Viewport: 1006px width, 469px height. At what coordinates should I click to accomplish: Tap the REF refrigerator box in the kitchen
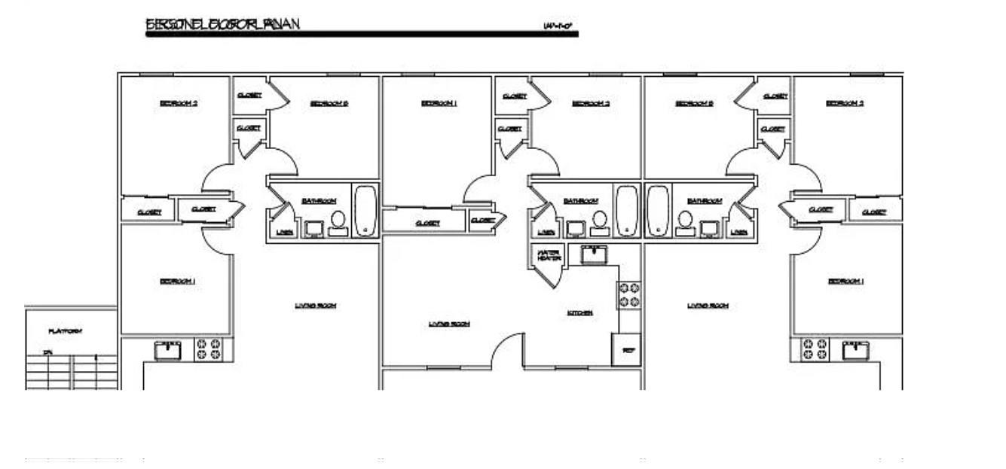626,350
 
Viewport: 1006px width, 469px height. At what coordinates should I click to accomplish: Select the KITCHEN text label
580,312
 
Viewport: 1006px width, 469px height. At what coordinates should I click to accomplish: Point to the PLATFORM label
66,331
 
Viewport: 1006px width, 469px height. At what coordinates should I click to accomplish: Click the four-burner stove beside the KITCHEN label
629,294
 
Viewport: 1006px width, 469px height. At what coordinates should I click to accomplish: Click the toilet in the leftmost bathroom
338,223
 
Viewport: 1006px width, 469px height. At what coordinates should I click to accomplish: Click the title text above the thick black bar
223,24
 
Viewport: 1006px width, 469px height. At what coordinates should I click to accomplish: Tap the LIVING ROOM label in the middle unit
449,324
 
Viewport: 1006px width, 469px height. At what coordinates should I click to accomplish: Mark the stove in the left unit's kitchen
209,349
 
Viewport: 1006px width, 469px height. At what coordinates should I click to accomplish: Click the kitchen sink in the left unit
168,350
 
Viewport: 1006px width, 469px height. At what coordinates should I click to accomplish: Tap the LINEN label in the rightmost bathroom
738,232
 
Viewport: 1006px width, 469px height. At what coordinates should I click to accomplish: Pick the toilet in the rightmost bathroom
685,223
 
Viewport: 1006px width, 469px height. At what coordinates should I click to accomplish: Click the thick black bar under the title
362,34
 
